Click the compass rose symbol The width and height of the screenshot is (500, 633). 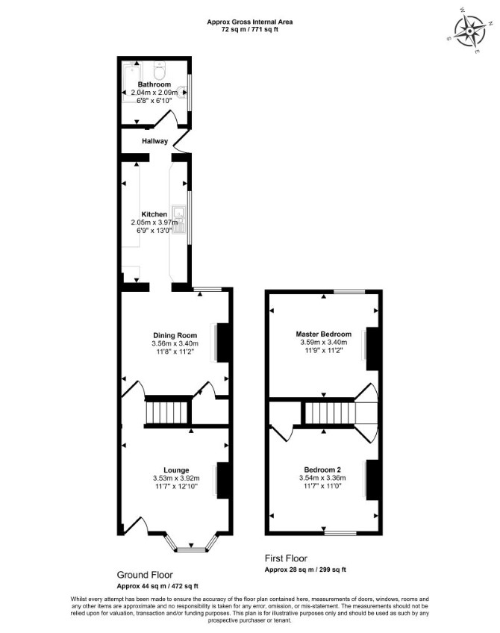coord(470,31)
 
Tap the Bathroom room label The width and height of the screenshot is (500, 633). coord(154,84)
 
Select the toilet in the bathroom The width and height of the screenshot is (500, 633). coord(160,71)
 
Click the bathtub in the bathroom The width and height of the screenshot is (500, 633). coord(132,82)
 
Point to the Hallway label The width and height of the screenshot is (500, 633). coord(154,141)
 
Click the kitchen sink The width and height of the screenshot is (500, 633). coord(178,219)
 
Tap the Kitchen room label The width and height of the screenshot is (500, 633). coord(154,214)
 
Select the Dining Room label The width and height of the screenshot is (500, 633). coord(175,335)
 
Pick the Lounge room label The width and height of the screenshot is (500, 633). coord(176,470)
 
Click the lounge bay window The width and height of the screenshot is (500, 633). coord(191,543)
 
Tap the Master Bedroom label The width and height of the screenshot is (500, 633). coord(324,334)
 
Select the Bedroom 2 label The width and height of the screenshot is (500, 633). coord(322,470)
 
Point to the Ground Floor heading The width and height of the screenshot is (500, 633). coord(145,575)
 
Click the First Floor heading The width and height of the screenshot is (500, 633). coord(286,558)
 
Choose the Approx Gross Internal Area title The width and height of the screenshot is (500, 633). coord(250,22)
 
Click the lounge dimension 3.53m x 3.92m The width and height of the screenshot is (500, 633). coord(176,478)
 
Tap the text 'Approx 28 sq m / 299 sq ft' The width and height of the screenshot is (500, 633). coord(305,570)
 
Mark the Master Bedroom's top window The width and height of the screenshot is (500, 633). coord(349,291)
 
